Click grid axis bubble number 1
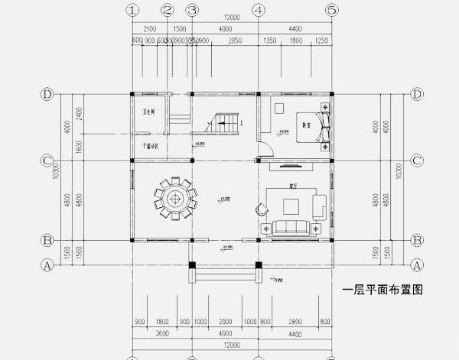pyautogui.click(x=134, y=11)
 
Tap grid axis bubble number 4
pyautogui.click(x=259, y=11)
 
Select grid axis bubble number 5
pyautogui.click(x=331, y=11)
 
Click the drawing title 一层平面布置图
pyautogui.click(x=382, y=290)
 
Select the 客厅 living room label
pyautogui.click(x=293, y=185)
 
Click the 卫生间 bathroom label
pyautogui.click(x=148, y=113)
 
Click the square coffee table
pyautogui.click(x=292, y=205)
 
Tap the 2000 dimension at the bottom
pyautogui.click(x=225, y=322)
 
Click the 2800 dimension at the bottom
pyautogui.click(x=297, y=322)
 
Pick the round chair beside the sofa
pyautogui.click(x=261, y=207)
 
